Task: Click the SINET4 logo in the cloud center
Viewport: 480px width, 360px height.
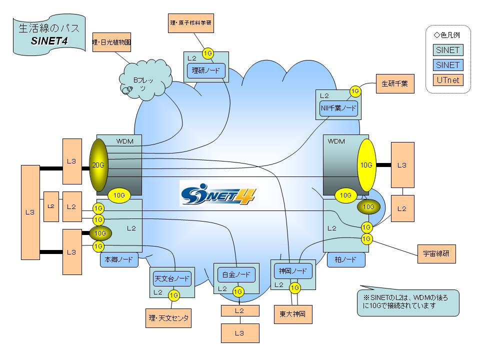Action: click(x=217, y=193)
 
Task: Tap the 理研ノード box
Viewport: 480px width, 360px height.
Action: click(x=206, y=71)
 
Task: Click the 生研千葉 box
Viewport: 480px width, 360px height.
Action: click(x=394, y=83)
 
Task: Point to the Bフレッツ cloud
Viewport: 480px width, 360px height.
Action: click(x=142, y=83)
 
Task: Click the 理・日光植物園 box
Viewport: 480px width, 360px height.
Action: click(x=112, y=43)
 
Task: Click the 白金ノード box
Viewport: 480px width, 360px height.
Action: click(x=236, y=274)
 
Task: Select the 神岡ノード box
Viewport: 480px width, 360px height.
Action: click(x=293, y=271)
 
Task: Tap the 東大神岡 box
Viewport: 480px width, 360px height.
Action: click(x=293, y=314)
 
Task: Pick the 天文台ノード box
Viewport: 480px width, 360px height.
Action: click(x=172, y=278)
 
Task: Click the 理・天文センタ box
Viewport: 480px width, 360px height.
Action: click(x=168, y=318)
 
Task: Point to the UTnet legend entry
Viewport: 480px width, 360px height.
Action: click(x=447, y=79)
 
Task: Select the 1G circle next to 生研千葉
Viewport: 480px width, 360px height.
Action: click(x=355, y=91)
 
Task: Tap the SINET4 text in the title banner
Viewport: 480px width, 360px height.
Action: click(x=49, y=41)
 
